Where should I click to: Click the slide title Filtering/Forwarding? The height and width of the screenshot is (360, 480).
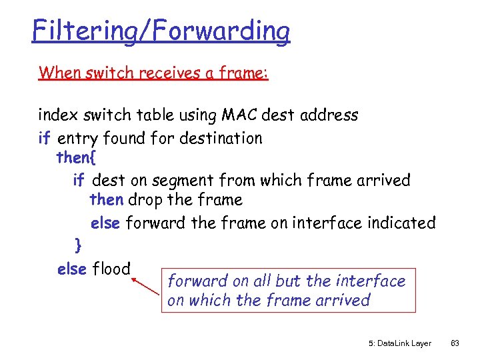161,31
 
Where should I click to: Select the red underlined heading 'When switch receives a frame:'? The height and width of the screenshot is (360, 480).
153,72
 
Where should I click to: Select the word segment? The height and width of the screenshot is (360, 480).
179,180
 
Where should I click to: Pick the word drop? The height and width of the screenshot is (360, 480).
143,200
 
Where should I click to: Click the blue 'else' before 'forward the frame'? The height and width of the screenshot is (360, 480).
105,223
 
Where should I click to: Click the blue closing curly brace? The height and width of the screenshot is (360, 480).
79,245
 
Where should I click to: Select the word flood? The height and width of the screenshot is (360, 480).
111,269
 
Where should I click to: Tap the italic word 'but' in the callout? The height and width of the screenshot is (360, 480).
294,281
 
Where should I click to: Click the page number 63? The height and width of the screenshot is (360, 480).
455,343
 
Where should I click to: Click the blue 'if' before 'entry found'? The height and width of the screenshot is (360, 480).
45,138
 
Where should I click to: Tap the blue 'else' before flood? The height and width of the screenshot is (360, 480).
72,269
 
